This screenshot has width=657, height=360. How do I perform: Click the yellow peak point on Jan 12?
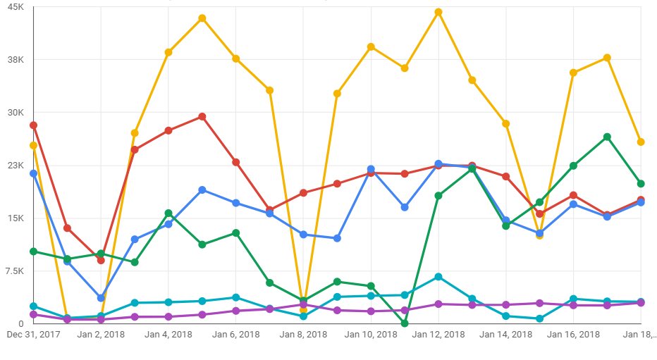438,12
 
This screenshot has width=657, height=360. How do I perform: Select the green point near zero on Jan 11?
405,323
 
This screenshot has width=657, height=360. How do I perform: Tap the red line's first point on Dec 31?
33,125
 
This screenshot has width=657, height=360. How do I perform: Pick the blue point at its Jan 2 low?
101,298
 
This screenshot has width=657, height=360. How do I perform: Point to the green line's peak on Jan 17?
607,137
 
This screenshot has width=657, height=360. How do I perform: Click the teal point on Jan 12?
438,277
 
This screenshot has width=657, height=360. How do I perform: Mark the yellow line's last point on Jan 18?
641,142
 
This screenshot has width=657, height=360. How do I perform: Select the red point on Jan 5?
202,116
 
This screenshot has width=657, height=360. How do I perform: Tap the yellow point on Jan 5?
202,18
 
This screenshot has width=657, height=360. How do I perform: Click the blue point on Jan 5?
202,190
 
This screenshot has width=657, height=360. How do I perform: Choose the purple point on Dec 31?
33,314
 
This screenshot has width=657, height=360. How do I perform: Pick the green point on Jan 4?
168,213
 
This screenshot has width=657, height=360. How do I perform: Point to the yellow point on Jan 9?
337,94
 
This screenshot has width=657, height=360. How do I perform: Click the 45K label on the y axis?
16,6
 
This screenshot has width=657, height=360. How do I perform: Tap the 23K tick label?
16,166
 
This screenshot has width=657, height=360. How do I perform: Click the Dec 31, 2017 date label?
32,335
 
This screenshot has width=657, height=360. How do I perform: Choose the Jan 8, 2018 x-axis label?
303,335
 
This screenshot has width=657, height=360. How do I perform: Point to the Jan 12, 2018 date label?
438,335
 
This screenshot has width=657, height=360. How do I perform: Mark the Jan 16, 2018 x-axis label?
573,335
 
